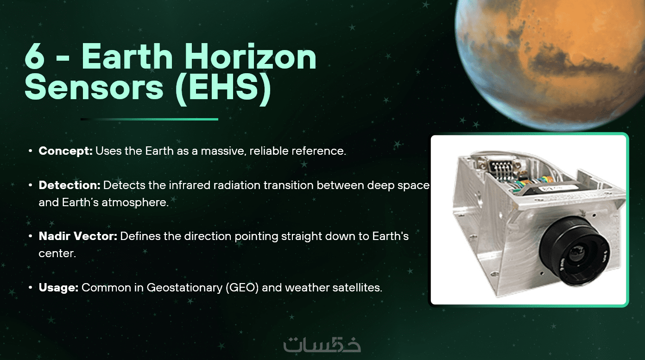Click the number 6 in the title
[x=35, y=56]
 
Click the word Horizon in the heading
[x=250, y=56]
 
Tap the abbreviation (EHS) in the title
[x=223, y=88]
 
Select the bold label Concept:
[x=66, y=151]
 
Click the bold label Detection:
[x=70, y=185]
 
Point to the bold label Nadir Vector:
[x=78, y=236]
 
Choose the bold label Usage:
[x=58, y=288]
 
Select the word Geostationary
[x=184, y=288]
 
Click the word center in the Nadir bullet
[x=57, y=253]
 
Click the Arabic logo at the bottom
[x=322, y=344]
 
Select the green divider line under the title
[x=149, y=119]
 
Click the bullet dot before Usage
[x=30, y=287]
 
